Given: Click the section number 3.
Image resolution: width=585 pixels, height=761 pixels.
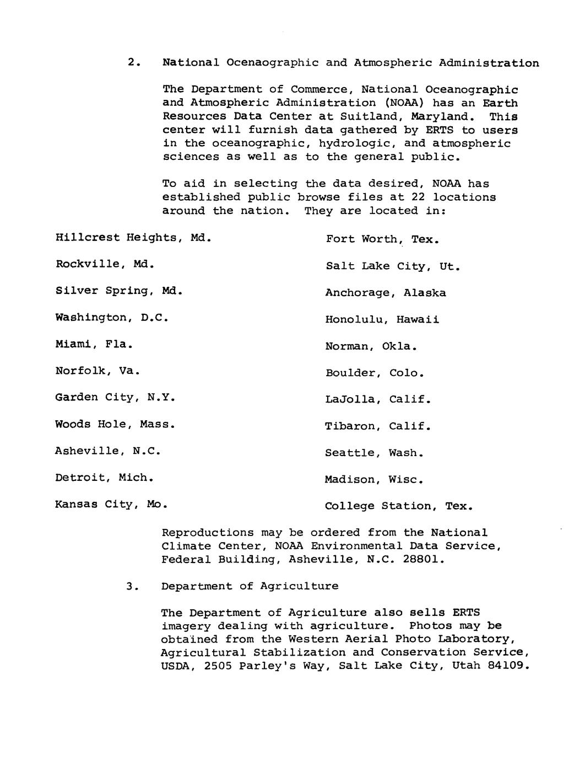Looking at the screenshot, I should coord(130,586).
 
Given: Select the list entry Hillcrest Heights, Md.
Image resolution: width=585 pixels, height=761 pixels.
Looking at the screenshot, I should coord(133,238).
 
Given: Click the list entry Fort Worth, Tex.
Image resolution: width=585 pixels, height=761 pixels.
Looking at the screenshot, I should coord(382,239).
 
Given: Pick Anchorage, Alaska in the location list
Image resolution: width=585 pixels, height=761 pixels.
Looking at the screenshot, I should coord(386,293).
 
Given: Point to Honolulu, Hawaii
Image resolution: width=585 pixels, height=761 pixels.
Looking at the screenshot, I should coord(382,320).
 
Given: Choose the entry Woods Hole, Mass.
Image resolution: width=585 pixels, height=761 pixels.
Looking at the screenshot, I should coord(115,425).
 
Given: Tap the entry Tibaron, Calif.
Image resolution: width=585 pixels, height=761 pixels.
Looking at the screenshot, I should coord(378,426).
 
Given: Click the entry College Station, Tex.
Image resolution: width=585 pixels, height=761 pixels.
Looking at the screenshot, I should coord(399,506).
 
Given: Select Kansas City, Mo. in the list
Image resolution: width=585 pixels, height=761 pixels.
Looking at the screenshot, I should coord(111,505).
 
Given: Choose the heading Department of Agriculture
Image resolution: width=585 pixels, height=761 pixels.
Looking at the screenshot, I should coord(250,586).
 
